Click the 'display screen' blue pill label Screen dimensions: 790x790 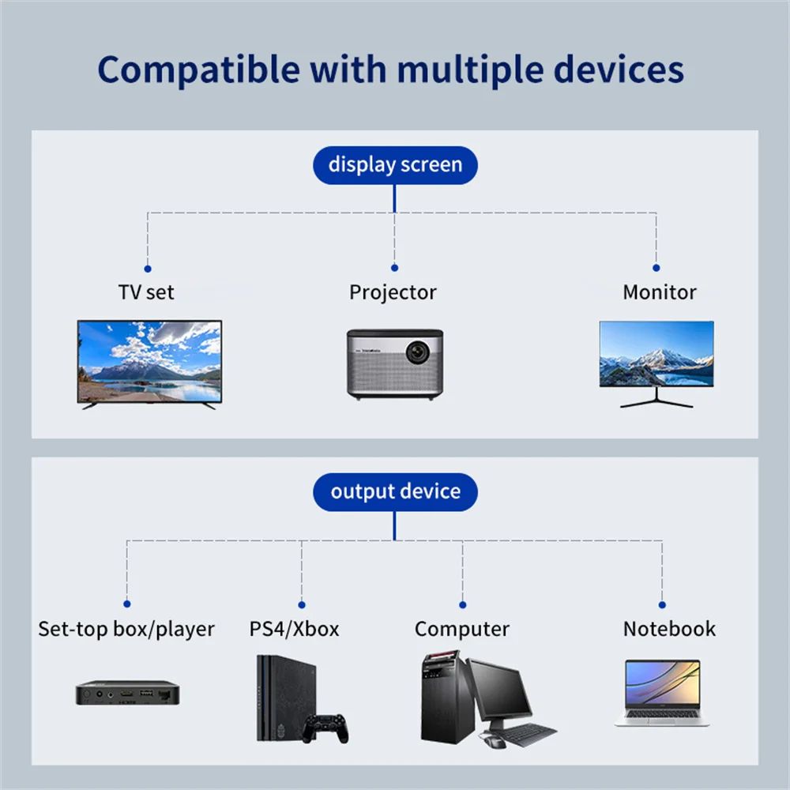click(x=395, y=165)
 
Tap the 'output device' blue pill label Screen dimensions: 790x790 click(x=395, y=491)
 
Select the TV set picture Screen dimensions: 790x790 click(x=149, y=361)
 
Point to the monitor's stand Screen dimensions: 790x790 click(x=656, y=398)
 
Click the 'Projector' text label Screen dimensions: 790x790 click(x=393, y=292)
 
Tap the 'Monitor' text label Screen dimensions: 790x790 click(x=659, y=292)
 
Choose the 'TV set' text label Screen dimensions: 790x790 click(x=146, y=292)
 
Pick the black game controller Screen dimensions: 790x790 click(x=326, y=725)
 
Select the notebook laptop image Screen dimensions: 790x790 click(x=662, y=692)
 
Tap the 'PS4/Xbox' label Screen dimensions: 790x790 click(x=294, y=629)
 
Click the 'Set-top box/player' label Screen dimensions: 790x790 click(x=126, y=630)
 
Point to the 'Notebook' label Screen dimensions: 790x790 click(x=669, y=629)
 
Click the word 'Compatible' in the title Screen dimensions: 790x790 click(x=198, y=70)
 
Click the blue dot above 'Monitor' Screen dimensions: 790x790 click(x=656, y=269)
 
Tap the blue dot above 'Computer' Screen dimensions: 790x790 click(x=462, y=605)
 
